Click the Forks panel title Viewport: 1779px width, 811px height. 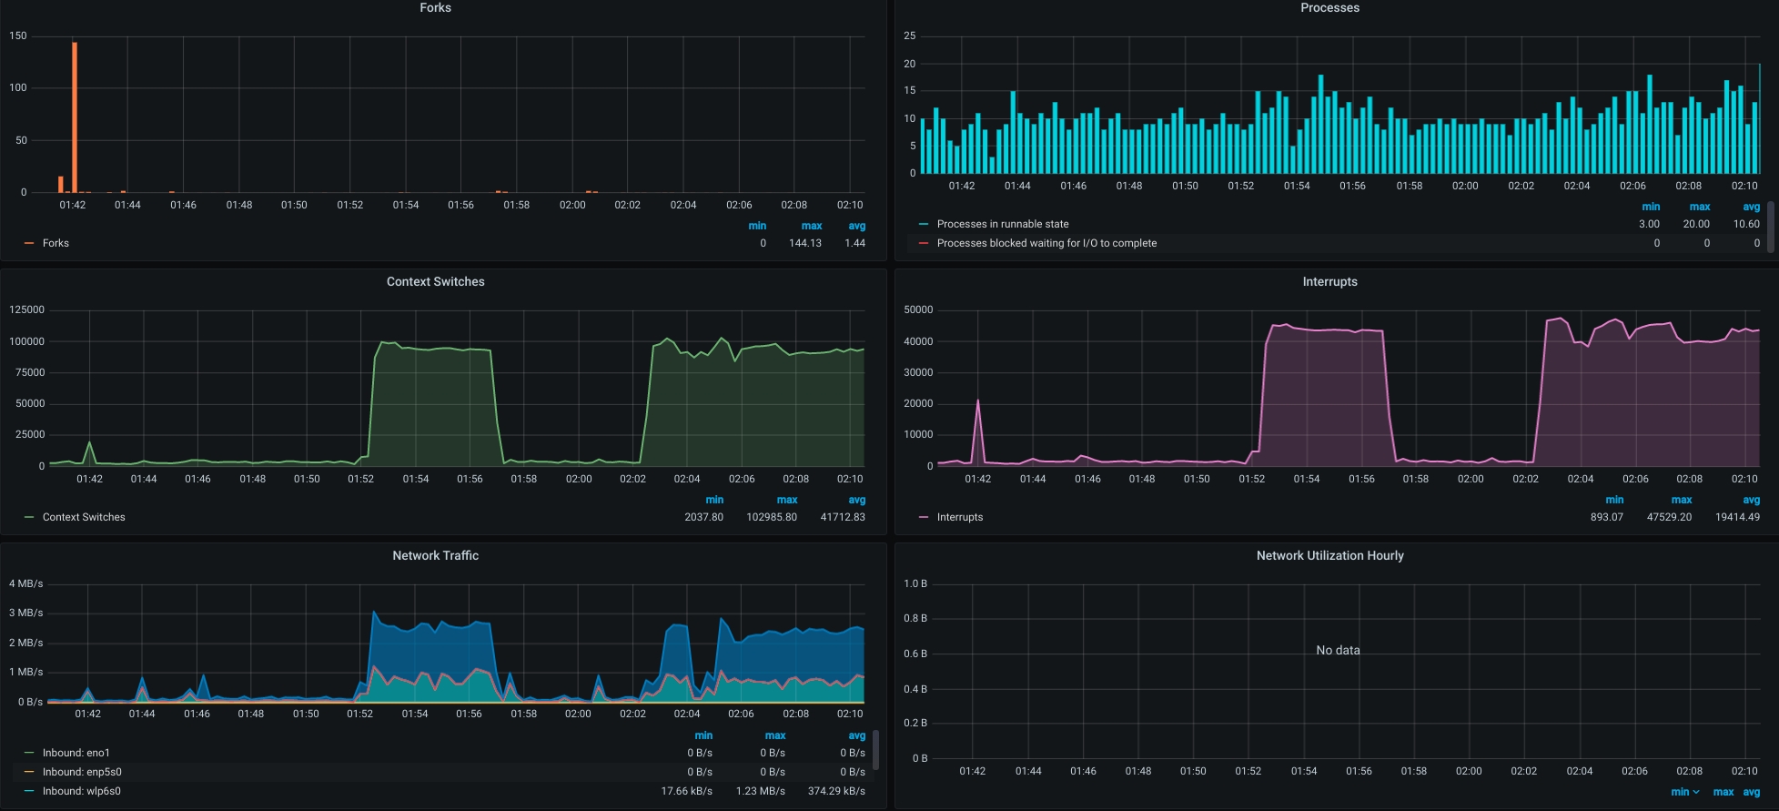coord(435,7)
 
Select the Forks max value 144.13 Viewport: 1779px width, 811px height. coord(804,243)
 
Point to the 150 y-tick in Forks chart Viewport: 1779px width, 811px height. coord(18,36)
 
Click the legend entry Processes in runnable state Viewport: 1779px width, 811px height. coord(1002,224)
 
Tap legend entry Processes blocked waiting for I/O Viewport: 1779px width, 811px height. coord(1046,243)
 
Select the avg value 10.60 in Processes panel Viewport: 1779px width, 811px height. coord(1745,224)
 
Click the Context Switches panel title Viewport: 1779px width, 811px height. coord(435,281)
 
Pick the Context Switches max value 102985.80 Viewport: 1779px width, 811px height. coord(772,517)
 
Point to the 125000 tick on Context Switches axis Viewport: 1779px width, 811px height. coord(26,310)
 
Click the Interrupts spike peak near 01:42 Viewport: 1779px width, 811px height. coord(978,400)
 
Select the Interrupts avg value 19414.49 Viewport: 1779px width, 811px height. coord(1736,517)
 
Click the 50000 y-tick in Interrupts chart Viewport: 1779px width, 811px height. coord(918,310)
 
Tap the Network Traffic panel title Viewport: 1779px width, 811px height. coord(435,555)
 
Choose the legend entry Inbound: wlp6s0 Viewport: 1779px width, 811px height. coord(81,791)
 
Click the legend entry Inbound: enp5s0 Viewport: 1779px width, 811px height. coord(81,772)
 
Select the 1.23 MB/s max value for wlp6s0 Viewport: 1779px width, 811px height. coord(761,791)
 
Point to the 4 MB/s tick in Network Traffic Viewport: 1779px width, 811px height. coord(25,583)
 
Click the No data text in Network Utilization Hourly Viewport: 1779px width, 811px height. coord(1338,650)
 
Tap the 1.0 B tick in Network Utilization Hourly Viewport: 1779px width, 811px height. coord(915,583)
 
